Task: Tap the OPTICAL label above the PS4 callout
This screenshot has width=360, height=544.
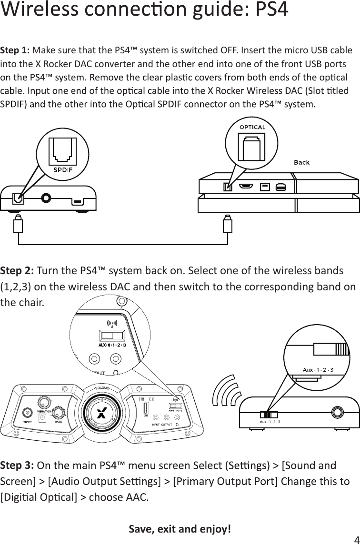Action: coord(252,127)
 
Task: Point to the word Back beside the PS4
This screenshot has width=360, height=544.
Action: coord(301,162)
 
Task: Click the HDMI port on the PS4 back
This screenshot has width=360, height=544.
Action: coord(246,186)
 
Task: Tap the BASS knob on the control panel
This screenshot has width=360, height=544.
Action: coord(59,413)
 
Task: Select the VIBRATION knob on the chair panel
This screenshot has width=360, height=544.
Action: coord(45,401)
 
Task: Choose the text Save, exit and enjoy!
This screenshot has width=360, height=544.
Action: coord(180,529)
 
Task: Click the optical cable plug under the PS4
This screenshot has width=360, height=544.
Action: coord(228,224)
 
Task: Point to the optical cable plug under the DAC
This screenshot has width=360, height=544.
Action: coord(19,224)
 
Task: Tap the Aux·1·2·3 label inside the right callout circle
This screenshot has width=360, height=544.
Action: coord(318,369)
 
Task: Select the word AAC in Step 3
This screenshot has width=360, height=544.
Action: coord(138,498)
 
